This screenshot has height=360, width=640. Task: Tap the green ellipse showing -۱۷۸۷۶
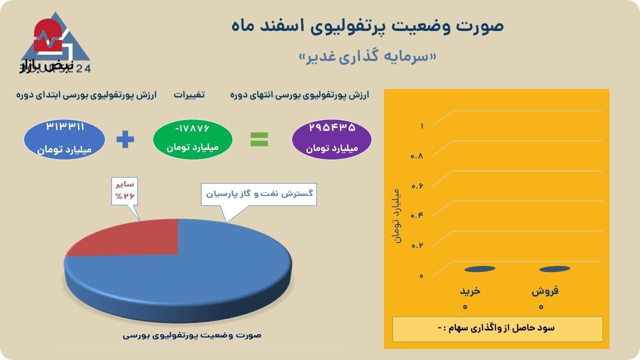(x=192, y=139)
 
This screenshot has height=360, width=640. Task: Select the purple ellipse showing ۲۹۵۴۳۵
(x=331, y=139)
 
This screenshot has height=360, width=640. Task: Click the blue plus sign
(x=125, y=139)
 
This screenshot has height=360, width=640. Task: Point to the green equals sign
(x=259, y=139)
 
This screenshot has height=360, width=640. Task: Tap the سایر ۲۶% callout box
(x=124, y=190)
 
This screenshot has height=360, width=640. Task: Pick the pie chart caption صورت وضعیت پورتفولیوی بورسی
(x=192, y=335)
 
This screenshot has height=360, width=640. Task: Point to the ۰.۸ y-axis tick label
(x=417, y=156)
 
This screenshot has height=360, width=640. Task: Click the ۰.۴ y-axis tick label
(x=417, y=215)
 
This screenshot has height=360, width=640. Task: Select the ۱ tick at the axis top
(x=421, y=126)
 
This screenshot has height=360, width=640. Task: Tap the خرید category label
(x=470, y=291)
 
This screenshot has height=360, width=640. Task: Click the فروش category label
(x=545, y=291)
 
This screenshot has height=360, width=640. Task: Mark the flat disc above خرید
(x=479, y=269)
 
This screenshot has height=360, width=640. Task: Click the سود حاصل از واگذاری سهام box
(x=497, y=328)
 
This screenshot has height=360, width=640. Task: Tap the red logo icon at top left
(x=47, y=36)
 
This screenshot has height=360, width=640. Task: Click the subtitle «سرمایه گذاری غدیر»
(x=367, y=56)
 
